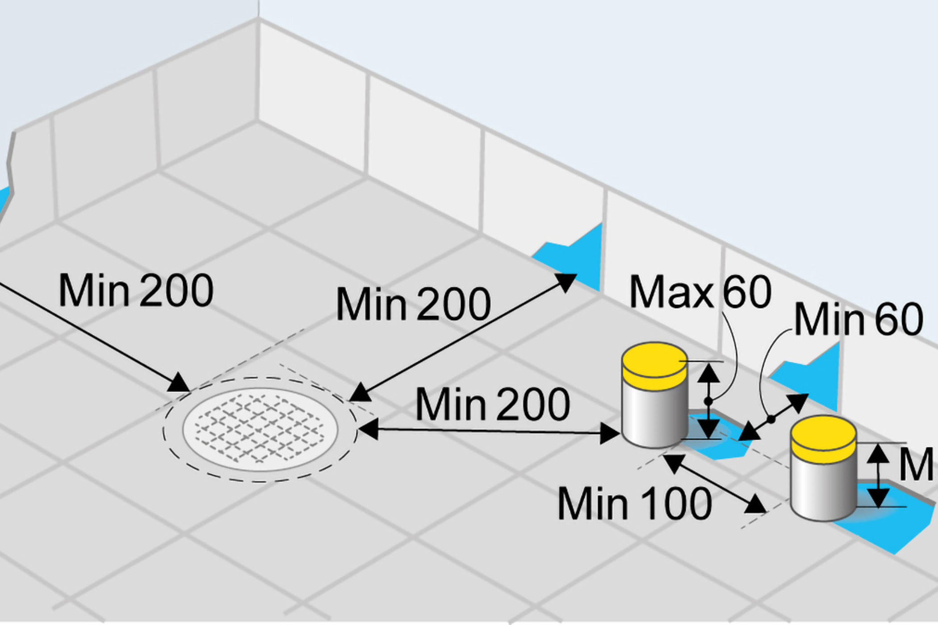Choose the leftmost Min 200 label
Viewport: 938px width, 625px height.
click(x=136, y=291)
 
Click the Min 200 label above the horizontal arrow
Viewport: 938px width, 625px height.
click(x=493, y=404)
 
